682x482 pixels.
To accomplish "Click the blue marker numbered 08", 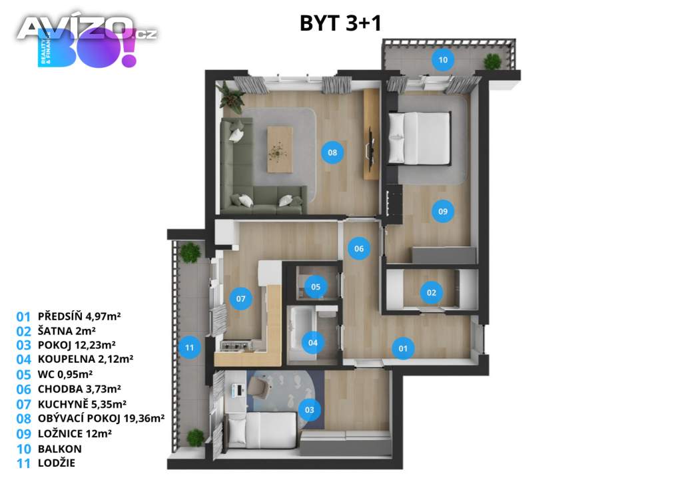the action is click(x=332, y=152).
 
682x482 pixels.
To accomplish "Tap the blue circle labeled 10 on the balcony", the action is click(x=443, y=59).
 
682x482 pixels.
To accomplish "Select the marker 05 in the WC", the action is click(x=315, y=287).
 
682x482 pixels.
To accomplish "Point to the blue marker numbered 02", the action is click(x=431, y=292).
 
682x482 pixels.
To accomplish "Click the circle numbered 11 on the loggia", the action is click(x=189, y=348).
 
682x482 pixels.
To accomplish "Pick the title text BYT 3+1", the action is click(x=340, y=23).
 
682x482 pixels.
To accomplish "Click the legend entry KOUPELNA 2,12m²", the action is click(x=85, y=359).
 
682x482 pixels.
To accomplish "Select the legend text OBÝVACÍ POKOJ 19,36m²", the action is click(x=101, y=419).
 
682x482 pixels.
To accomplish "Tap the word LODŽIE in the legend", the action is click(x=57, y=463).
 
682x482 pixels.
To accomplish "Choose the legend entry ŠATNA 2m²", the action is click(x=67, y=331).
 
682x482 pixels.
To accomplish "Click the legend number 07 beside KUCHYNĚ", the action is click(x=23, y=404).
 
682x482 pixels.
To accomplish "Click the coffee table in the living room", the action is click(x=280, y=150).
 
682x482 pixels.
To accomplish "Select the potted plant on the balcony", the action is click(x=492, y=62).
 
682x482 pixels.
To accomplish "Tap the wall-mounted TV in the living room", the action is click(x=371, y=148).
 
